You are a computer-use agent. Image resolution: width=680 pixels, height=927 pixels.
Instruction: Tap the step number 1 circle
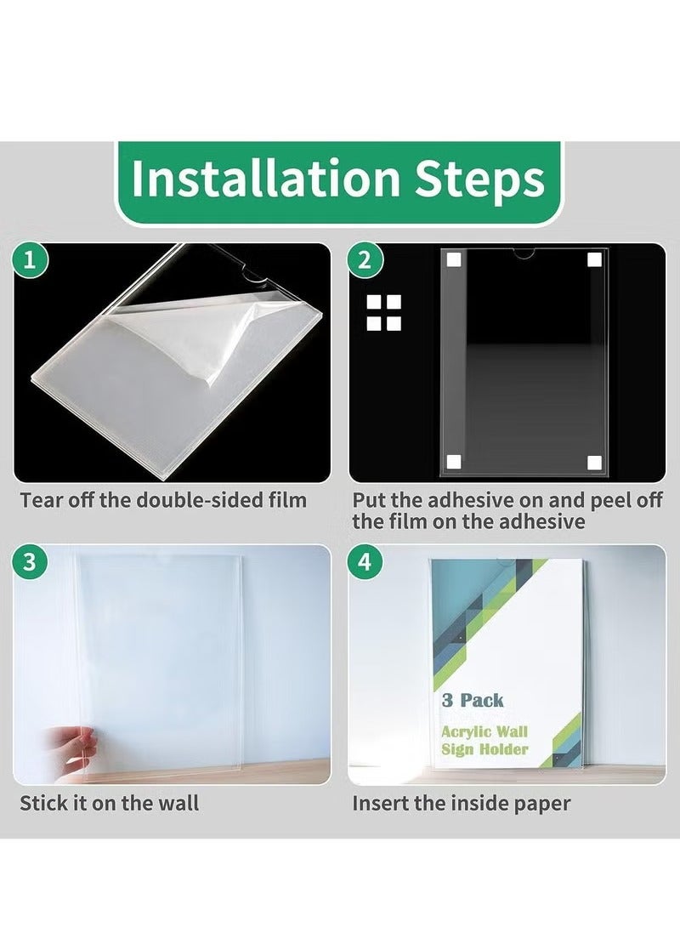(x=29, y=260)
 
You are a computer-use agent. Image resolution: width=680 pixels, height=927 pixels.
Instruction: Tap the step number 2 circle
(x=365, y=260)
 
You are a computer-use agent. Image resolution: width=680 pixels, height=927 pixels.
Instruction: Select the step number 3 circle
(x=29, y=561)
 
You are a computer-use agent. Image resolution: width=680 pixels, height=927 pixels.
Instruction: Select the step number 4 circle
(x=365, y=561)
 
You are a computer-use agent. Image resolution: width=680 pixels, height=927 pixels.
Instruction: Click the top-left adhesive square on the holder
(x=454, y=260)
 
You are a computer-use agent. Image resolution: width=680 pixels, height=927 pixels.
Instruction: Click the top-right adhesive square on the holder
(x=595, y=260)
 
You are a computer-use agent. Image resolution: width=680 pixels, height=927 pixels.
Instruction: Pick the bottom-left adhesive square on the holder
(x=454, y=463)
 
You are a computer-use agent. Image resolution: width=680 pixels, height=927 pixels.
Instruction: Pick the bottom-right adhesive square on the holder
(x=595, y=463)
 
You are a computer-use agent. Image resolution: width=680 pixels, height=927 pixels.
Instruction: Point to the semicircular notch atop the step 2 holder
(x=524, y=254)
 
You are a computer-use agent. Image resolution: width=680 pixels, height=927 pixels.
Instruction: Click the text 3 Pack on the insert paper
(x=473, y=701)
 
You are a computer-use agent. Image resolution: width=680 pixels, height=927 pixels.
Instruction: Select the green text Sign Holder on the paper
(x=484, y=749)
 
